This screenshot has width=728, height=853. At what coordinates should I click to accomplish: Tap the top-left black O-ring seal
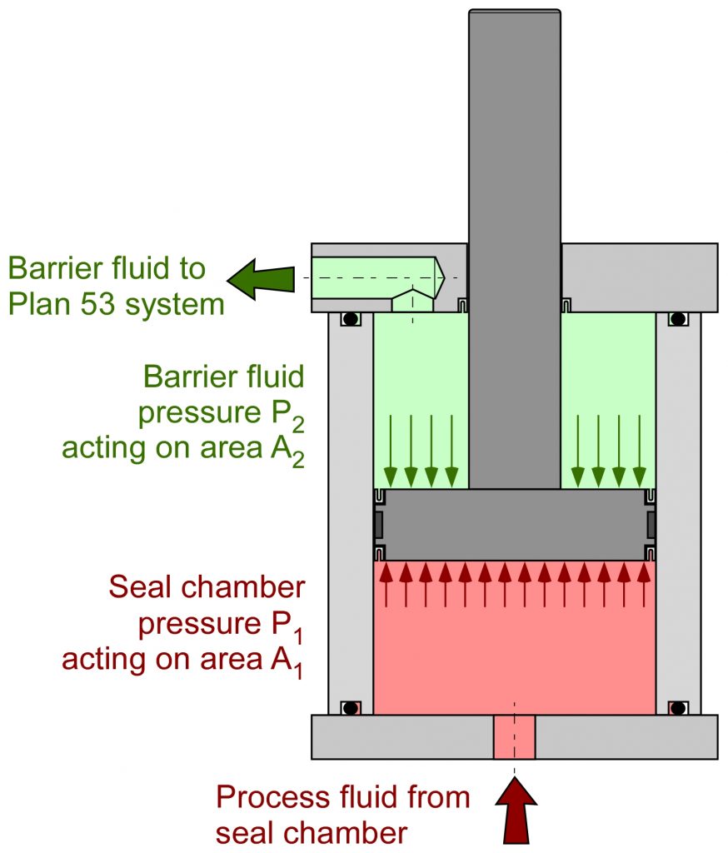pyautogui.click(x=351, y=319)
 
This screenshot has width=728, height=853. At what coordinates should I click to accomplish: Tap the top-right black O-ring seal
pyautogui.click(x=678, y=319)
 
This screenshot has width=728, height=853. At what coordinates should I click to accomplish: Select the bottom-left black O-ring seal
pyautogui.click(x=351, y=708)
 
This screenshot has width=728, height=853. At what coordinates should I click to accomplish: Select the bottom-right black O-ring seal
pyautogui.click(x=678, y=708)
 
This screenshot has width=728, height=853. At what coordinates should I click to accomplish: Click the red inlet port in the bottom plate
pyautogui.click(x=514, y=737)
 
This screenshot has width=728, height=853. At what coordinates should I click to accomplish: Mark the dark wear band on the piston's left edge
pyautogui.click(x=377, y=525)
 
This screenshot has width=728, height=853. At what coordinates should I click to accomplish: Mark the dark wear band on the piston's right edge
pyautogui.click(x=651, y=525)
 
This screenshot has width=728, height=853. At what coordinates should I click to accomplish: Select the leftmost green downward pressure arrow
pyautogui.click(x=390, y=450)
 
